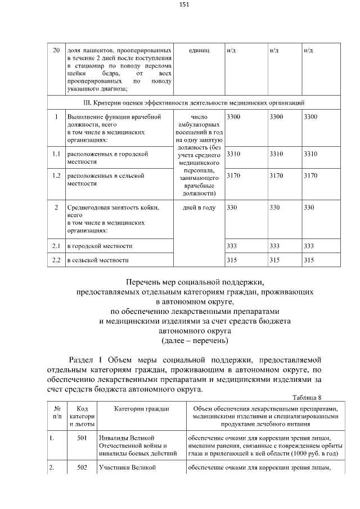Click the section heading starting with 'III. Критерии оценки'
tap(186, 103)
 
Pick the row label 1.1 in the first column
tap(56, 154)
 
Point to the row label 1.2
tap(56, 175)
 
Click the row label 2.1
tap(56, 246)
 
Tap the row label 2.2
tap(56, 260)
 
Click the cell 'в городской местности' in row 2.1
tap(100, 246)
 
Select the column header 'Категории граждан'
tap(141, 408)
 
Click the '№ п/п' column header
tap(57, 412)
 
